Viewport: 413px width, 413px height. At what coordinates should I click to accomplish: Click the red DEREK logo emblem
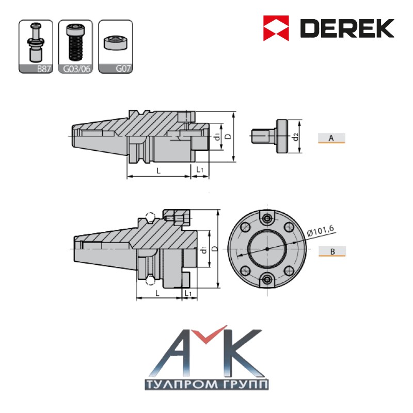click(276, 28)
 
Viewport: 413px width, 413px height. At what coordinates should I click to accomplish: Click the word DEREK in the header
click(347, 28)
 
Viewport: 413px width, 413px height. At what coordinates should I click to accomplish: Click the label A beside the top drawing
click(331, 138)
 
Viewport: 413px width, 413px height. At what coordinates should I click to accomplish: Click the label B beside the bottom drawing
click(332, 251)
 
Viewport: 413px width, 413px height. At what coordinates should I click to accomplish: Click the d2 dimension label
click(296, 137)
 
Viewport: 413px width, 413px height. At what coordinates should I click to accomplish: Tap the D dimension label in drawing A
click(229, 136)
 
